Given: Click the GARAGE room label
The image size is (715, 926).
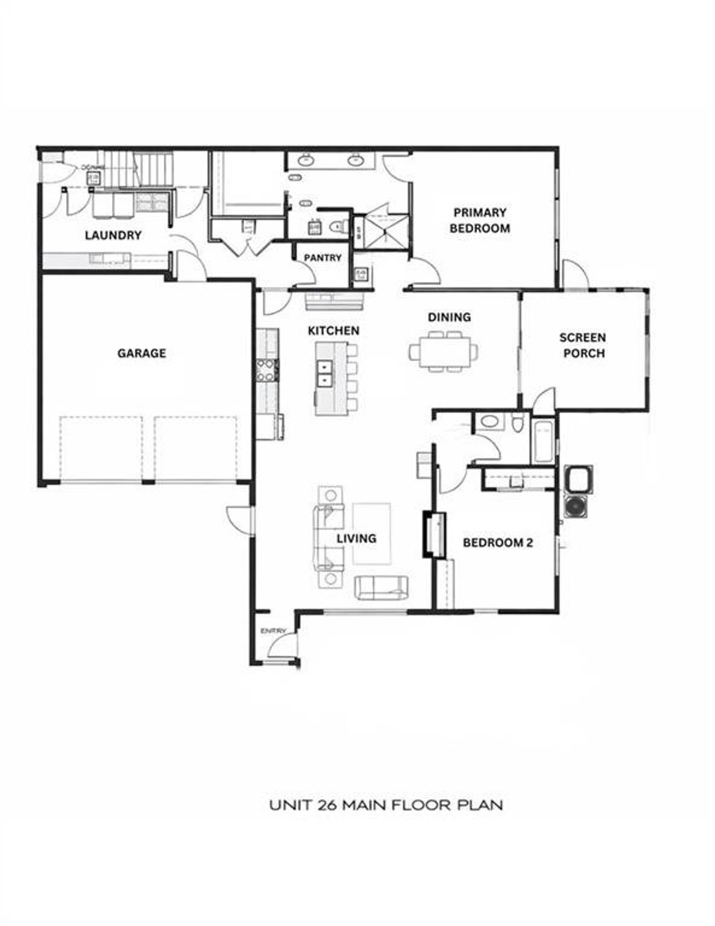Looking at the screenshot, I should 141,353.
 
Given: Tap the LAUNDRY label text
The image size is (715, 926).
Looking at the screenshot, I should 113,235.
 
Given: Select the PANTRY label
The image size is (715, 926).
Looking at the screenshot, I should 322,257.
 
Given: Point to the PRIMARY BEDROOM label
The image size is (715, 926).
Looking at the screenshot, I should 479,220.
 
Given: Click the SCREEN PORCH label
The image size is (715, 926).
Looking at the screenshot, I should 583,345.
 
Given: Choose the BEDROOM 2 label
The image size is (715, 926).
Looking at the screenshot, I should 498,542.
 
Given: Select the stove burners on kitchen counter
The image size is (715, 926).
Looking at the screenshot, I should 266,371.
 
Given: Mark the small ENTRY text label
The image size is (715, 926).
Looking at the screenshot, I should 273,631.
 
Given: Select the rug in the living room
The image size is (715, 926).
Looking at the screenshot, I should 371,534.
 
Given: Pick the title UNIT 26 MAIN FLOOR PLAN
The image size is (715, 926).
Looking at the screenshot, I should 386,805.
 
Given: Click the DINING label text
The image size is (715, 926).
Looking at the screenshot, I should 449,317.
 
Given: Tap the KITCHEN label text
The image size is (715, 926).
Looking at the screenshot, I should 333,331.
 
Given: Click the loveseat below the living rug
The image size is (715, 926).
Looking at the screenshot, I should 381,588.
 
